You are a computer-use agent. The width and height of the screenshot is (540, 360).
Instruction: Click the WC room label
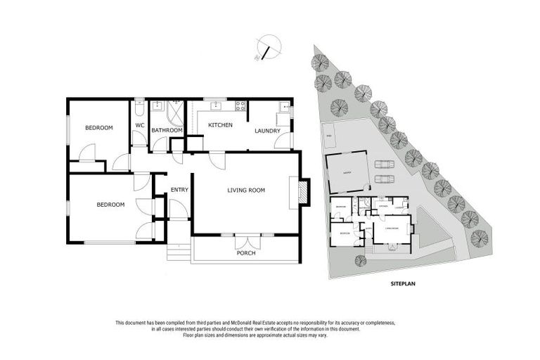[x=139, y=126]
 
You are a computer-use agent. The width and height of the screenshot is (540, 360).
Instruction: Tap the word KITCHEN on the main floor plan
[x=220, y=124]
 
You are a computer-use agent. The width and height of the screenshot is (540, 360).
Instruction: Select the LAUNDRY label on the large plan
[x=267, y=130]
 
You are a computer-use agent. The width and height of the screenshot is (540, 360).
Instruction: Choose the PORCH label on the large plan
[x=245, y=253]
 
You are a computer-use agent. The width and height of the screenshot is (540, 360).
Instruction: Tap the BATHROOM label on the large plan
[x=167, y=130]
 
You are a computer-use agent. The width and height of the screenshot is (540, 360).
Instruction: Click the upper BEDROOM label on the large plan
[x=99, y=127]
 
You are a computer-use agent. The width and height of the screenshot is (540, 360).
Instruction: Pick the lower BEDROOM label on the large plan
[x=110, y=205]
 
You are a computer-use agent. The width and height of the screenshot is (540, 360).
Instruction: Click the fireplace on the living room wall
[x=302, y=192]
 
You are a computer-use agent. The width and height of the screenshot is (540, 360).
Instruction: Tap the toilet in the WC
[x=139, y=110]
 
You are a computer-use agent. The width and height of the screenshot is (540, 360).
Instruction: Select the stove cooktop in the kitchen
[x=240, y=107]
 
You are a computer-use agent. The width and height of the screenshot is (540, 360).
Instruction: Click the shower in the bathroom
[x=176, y=112]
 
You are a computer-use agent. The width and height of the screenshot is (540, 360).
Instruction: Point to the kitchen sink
[x=217, y=107]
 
